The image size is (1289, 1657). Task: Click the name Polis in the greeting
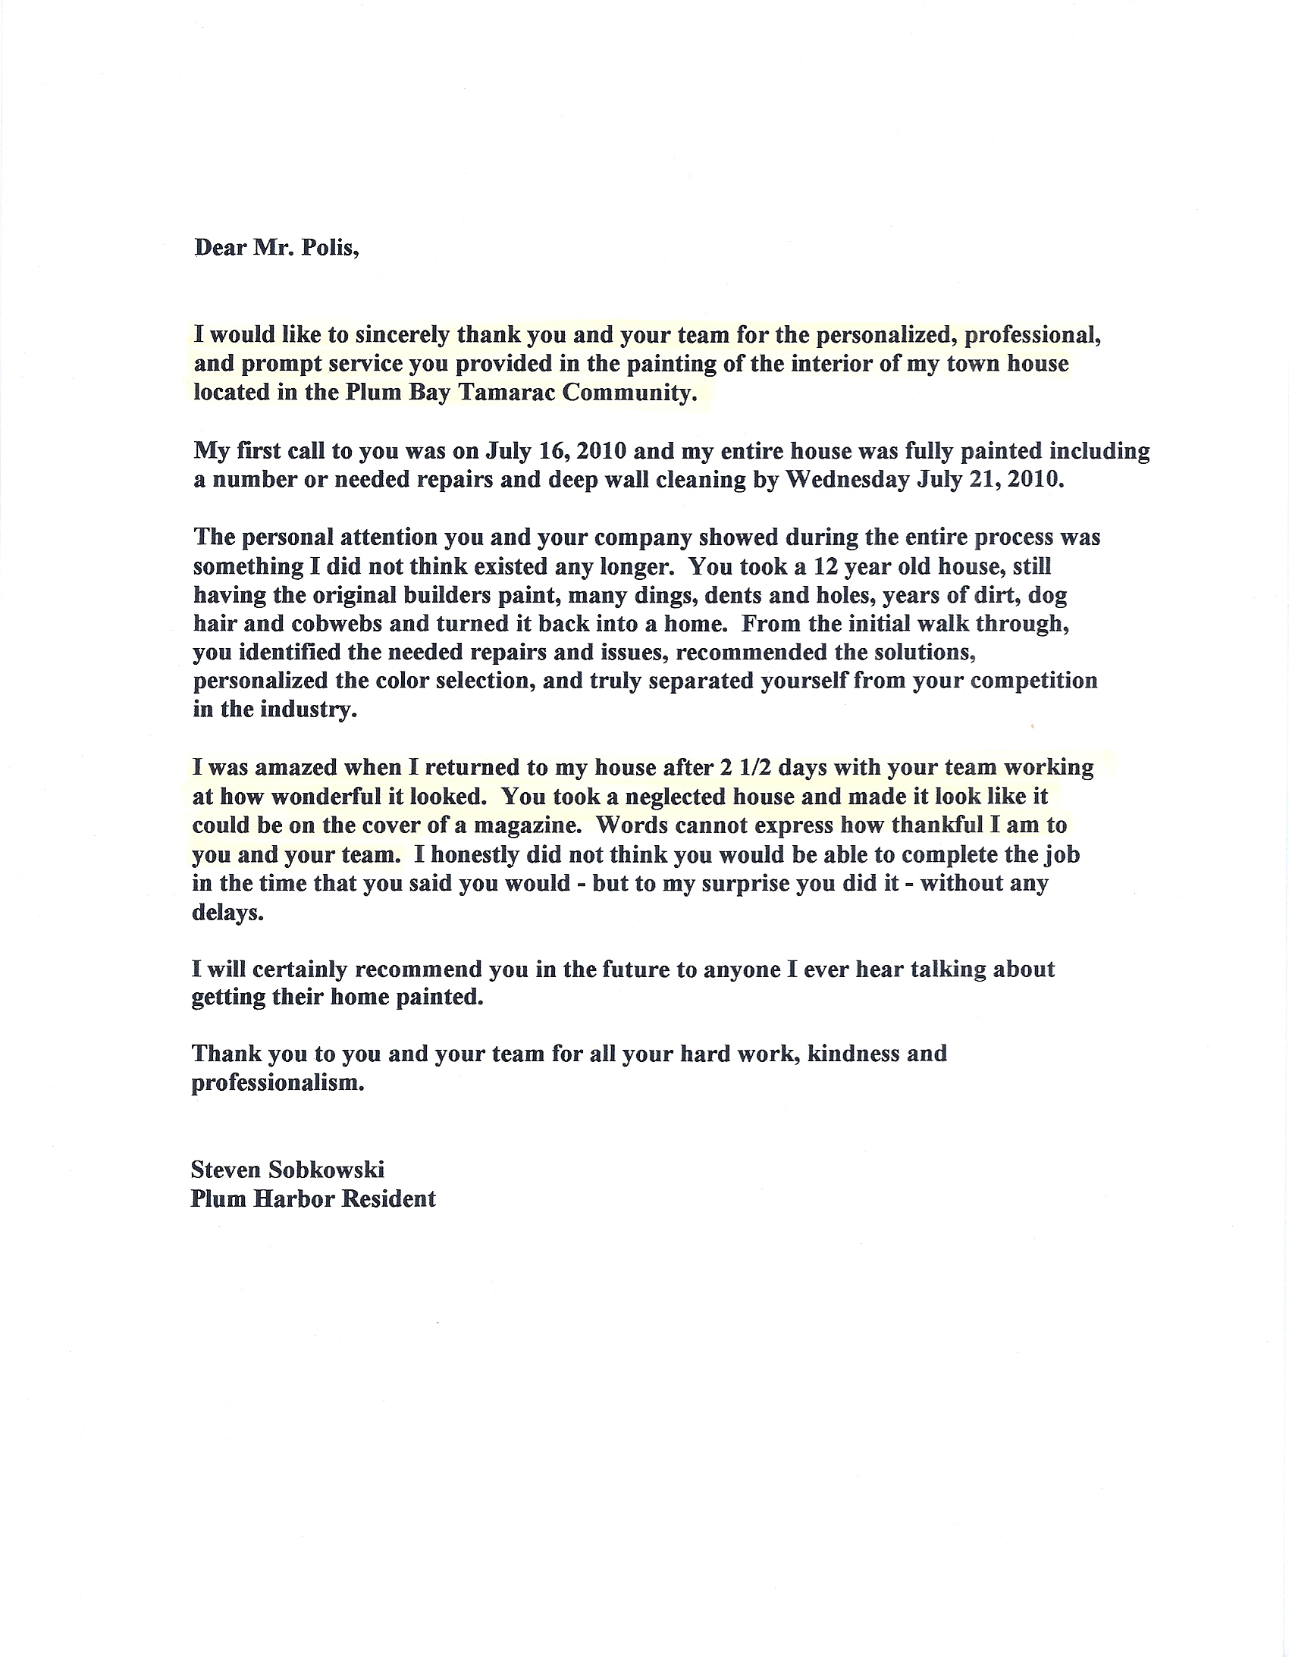330,248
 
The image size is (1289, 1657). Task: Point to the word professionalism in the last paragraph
278,1082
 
